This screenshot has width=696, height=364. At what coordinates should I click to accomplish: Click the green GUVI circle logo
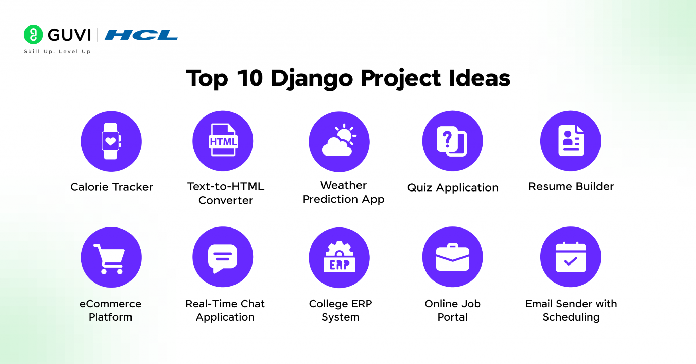tap(33, 35)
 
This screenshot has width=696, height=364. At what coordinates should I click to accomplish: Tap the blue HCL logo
tap(141, 35)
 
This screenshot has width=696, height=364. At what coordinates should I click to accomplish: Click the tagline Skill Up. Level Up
tap(57, 51)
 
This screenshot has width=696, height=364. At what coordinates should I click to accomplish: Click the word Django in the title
tap(312, 78)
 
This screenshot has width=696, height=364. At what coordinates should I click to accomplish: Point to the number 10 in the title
tap(250, 78)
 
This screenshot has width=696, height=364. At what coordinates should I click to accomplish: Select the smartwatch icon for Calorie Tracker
tap(111, 141)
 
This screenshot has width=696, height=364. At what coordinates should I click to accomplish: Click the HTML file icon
tap(223, 141)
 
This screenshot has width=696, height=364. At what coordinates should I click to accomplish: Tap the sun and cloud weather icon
tap(339, 141)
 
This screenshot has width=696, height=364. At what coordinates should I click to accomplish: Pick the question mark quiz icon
tap(452, 141)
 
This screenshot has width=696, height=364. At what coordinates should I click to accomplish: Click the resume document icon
tap(571, 141)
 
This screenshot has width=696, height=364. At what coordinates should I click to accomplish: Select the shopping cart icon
tap(110, 258)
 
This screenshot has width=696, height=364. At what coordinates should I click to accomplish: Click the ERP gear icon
tap(339, 257)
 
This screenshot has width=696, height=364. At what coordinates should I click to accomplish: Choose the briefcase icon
tap(452, 257)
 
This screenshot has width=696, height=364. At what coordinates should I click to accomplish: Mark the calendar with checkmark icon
tap(571, 257)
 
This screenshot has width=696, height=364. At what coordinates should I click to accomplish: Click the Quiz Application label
tap(453, 187)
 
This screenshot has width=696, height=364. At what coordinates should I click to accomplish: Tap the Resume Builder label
tap(571, 186)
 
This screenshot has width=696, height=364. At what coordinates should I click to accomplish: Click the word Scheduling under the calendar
tap(571, 317)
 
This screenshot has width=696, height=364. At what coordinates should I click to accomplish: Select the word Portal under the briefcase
tap(452, 317)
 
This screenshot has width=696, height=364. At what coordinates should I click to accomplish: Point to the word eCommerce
tap(110, 304)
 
